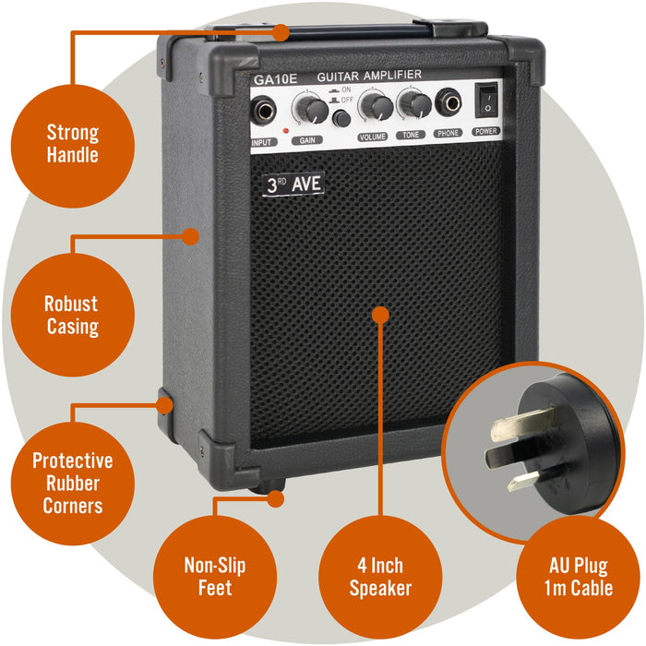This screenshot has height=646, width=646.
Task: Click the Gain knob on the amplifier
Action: [312, 111]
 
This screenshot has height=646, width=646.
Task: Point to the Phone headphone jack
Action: [449, 104]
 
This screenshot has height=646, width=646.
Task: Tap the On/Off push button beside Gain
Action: [341, 118]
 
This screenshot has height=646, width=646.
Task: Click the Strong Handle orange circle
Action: [72, 144]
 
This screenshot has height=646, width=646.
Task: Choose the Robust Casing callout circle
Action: [71, 315]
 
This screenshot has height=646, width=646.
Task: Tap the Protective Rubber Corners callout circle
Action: [72, 482]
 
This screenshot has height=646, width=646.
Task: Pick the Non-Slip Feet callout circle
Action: [214, 576]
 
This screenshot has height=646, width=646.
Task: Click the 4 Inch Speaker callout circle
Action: [379, 576]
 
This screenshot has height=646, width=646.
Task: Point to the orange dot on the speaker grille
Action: [379, 315]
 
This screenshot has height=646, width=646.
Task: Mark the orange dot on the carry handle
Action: [279, 33]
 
